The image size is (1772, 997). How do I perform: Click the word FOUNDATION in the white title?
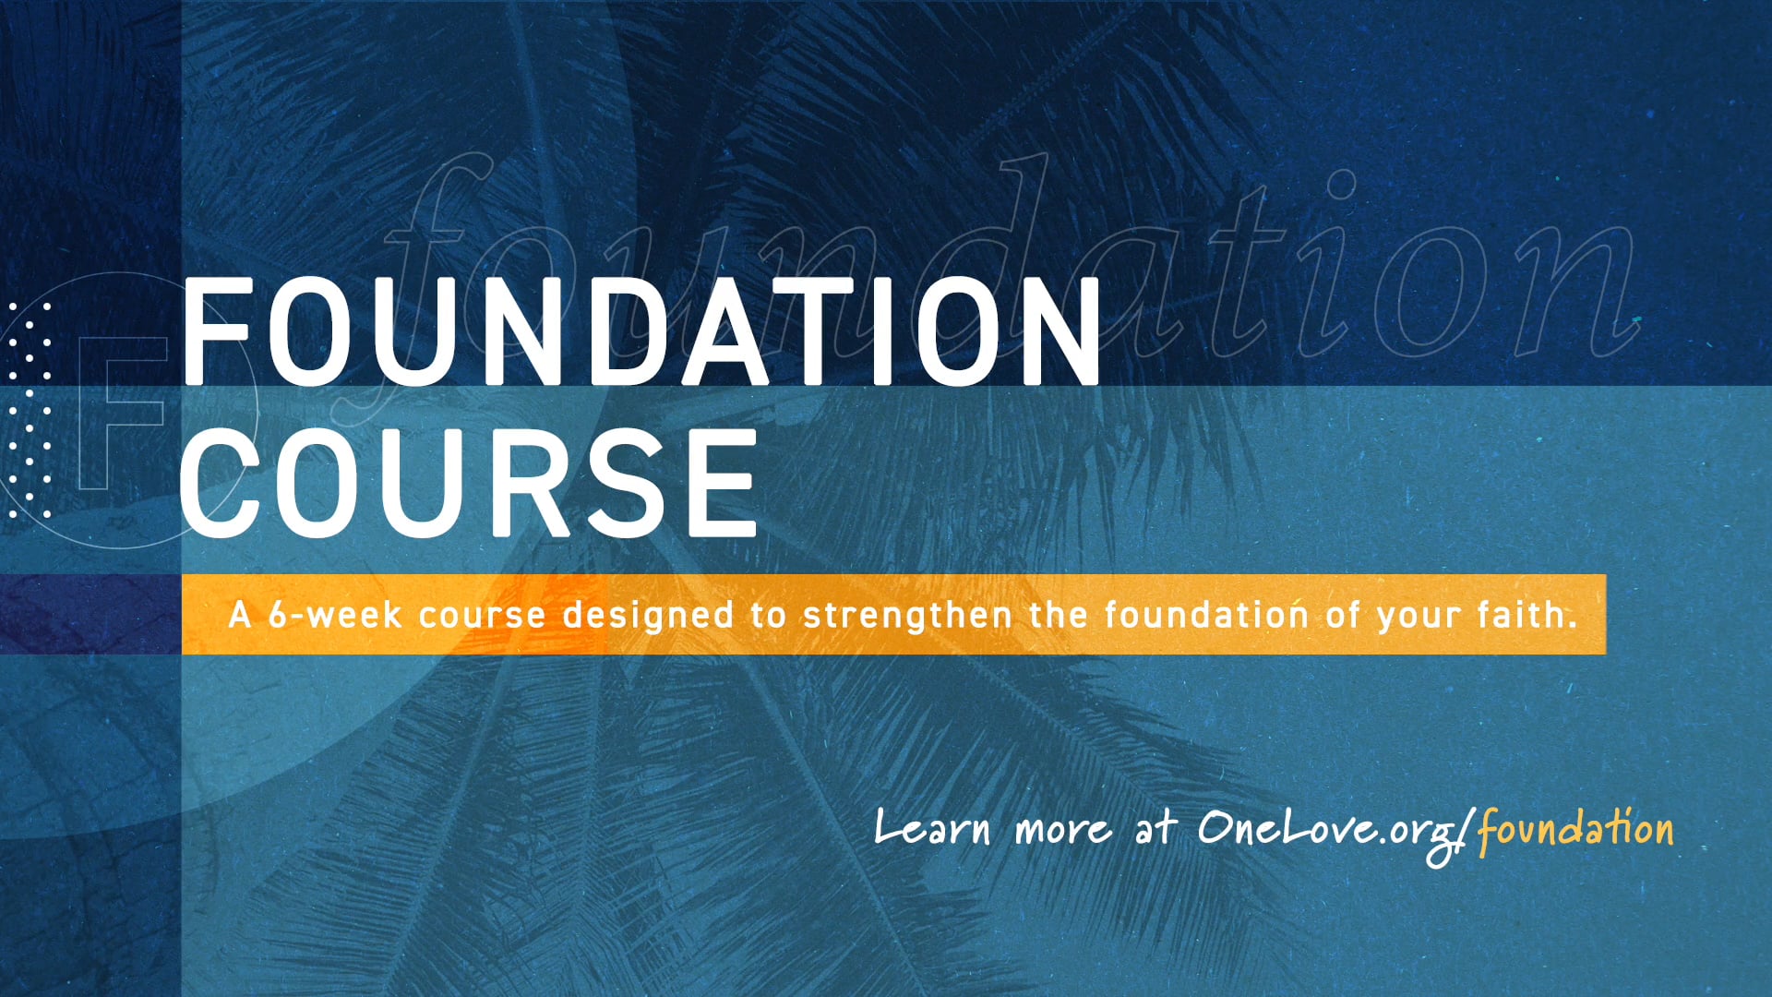[x=641, y=332]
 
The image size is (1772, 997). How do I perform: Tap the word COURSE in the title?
[x=468, y=484]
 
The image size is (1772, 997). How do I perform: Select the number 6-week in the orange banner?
[x=334, y=615]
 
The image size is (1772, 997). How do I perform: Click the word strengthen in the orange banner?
[x=907, y=615]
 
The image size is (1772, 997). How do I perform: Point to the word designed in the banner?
[x=648, y=615]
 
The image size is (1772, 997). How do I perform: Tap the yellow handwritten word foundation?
[x=1574, y=828]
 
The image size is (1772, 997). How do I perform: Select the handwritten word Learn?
[x=932, y=828]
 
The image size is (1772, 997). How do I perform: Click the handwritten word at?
[x=1156, y=827]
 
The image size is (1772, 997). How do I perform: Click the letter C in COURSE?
[x=231, y=484]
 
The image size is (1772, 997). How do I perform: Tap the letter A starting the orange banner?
[x=240, y=615]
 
